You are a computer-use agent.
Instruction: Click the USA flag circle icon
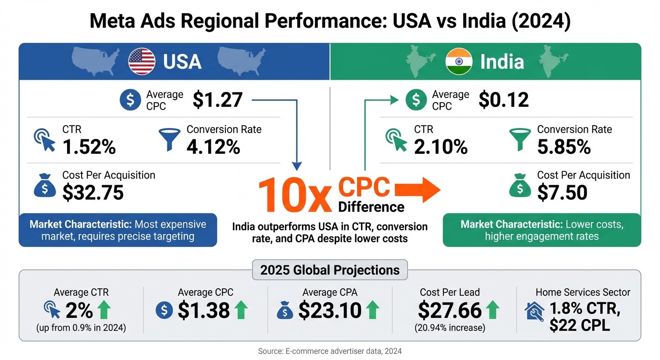point(142,61)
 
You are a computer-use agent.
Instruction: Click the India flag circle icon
point(458,61)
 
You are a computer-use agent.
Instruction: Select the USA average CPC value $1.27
point(217,100)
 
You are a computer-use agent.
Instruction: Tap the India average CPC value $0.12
point(503,100)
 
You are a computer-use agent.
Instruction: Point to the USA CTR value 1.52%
point(89,147)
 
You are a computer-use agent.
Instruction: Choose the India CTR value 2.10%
point(441,147)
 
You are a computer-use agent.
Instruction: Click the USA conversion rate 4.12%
point(213,147)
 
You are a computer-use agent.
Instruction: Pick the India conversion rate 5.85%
point(564,147)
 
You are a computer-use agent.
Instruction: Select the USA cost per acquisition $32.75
point(93,192)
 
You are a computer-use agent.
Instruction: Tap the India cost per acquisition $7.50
point(562,192)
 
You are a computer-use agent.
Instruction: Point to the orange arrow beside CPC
point(418,190)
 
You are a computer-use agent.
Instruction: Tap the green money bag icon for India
point(520,186)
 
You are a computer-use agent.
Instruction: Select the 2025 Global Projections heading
point(330,270)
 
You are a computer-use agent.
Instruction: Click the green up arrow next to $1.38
point(240,310)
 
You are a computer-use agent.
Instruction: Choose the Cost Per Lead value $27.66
point(450,310)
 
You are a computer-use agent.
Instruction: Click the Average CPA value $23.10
point(330,310)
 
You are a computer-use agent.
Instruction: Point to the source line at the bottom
point(330,351)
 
